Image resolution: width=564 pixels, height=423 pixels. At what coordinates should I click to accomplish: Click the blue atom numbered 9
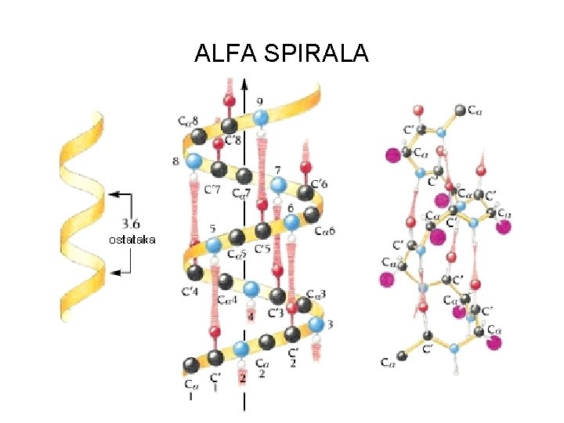[261, 117]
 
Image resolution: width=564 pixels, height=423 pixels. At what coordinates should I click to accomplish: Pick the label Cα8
[188, 121]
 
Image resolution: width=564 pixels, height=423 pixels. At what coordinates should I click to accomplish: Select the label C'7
[212, 189]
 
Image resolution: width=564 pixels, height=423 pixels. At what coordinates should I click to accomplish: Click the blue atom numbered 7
[277, 186]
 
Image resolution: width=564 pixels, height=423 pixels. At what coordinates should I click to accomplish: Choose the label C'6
[319, 183]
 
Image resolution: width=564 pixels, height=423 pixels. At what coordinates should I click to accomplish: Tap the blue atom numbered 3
[316, 324]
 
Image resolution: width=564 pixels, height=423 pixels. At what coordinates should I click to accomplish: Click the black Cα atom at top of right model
[461, 110]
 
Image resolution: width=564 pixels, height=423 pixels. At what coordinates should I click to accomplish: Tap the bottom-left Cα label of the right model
[388, 362]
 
